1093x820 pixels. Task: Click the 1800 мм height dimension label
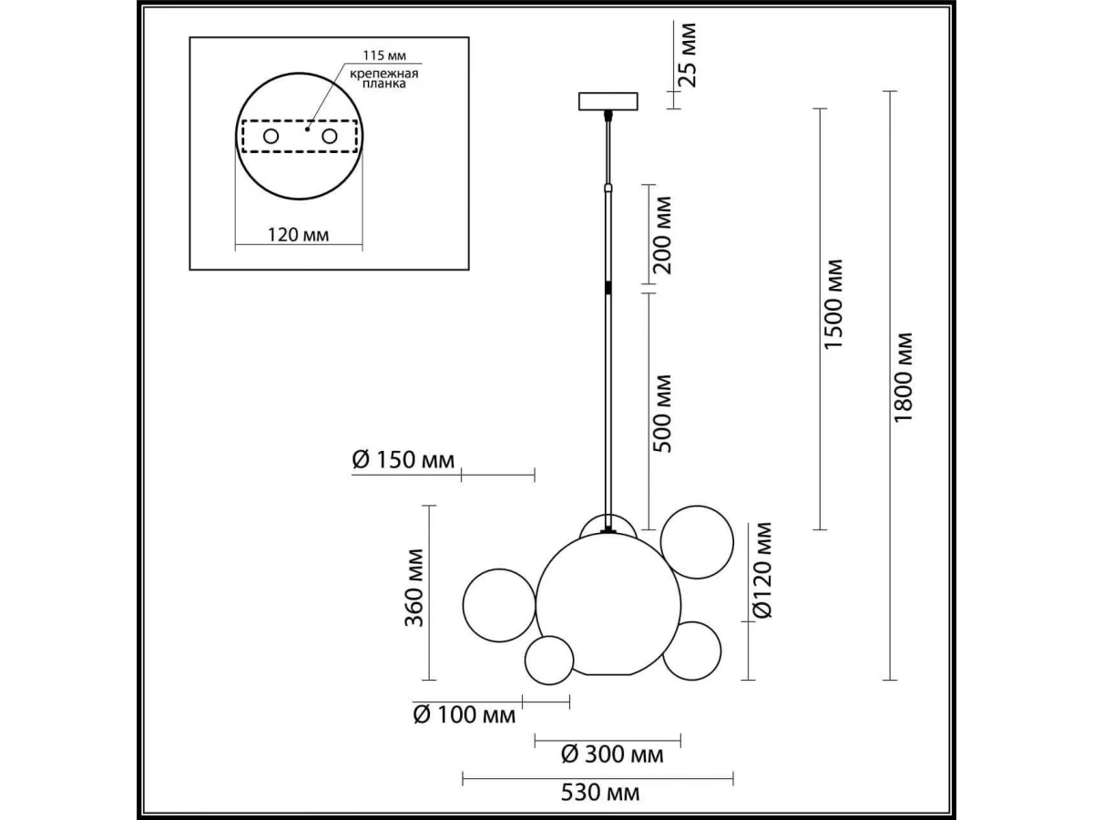click(903, 378)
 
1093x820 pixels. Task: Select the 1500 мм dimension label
click(833, 304)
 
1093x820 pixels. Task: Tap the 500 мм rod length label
click(662, 414)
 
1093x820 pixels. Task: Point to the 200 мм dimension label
click(662, 235)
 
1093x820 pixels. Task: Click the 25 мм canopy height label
click(687, 56)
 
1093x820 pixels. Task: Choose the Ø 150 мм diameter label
click(403, 460)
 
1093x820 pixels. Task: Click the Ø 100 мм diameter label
click(465, 715)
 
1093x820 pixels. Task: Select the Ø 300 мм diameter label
click(612, 754)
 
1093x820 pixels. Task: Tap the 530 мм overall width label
click(600, 793)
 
